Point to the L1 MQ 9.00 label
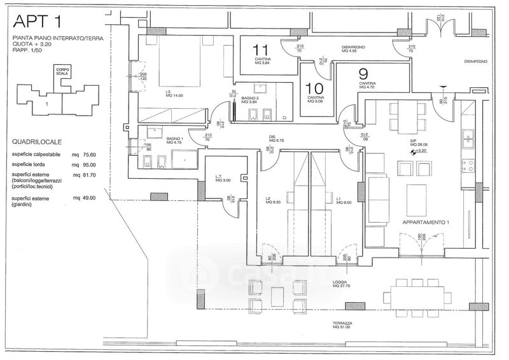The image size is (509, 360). pos(343,202)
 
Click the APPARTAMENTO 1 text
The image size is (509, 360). pos(426,223)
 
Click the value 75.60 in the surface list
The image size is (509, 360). pos(94,155)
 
